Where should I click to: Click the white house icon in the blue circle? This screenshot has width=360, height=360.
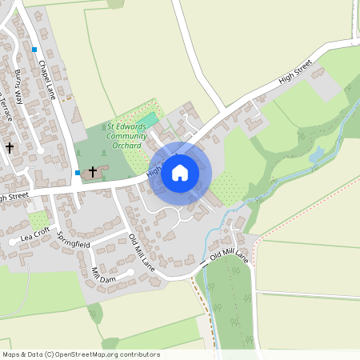coord(180,172)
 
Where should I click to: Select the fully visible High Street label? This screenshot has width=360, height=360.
coord(294,76)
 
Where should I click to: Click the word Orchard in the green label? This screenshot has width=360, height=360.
coord(128,146)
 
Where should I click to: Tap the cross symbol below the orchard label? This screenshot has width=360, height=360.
coord(93,171)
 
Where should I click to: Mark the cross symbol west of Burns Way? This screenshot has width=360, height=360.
coord(10,147)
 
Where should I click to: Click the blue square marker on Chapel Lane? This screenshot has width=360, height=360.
coord(35,50)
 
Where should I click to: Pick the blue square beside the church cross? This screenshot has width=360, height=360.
coord(77,172)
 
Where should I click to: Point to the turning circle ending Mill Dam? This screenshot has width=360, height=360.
coord(131,272)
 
